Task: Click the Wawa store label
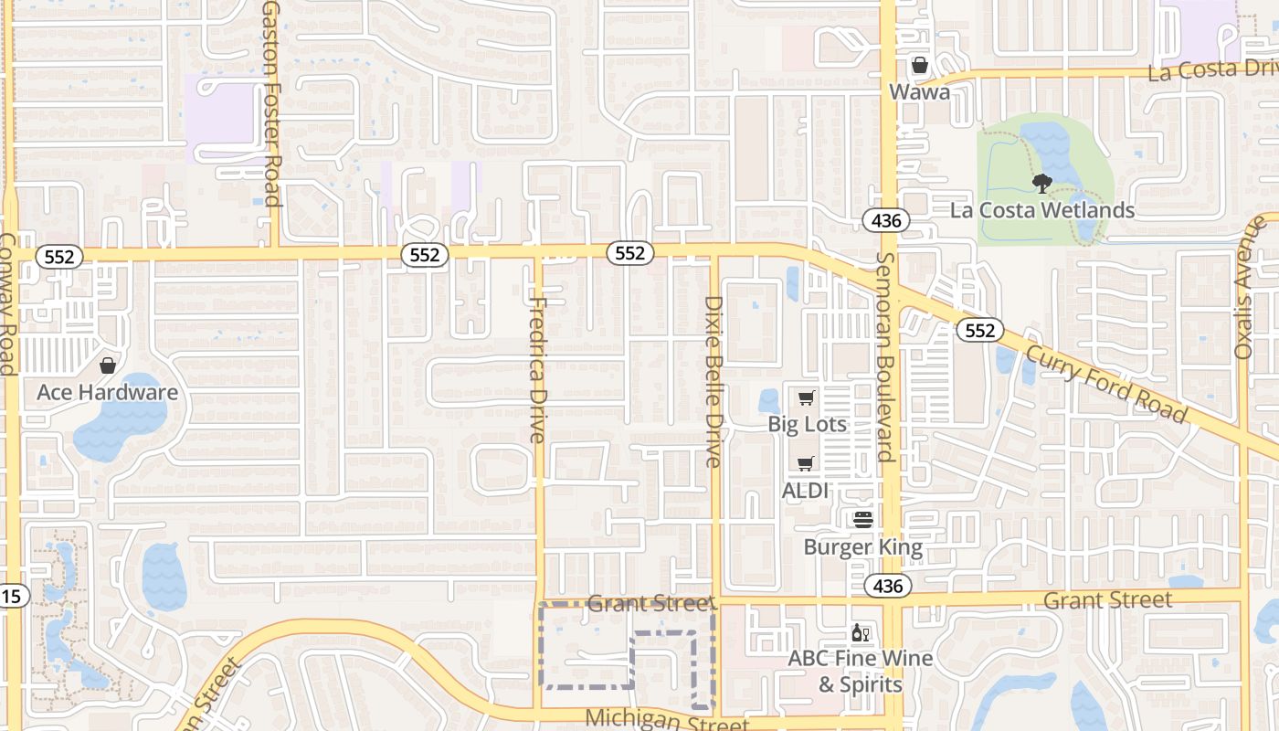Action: pyautogui.click(x=920, y=91)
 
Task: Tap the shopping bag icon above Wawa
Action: pyautogui.click(x=920, y=66)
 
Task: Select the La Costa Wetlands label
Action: pyautogui.click(x=1042, y=210)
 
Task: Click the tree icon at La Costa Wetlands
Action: pyautogui.click(x=1041, y=185)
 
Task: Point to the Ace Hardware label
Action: pyautogui.click(x=108, y=393)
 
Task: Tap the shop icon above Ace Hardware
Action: pyautogui.click(x=108, y=366)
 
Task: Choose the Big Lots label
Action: pyautogui.click(x=807, y=424)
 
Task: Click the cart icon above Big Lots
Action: pyautogui.click(x=806, y=398)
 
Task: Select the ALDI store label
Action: pyautogui.click(x=805, y=490)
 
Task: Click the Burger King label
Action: pyautogui.click(x=863, y=547)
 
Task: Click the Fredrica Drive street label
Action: pyautogui.click(x=538, y=370)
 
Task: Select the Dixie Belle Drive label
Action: pyautogui.click(x=714, y=381)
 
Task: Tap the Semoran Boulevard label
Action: pyautogui.click(x=884, y=356)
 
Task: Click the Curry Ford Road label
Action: pyautogui.click(x=1105, y=384)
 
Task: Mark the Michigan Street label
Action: pyautogui.click(x=666, y=719)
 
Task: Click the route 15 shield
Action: pyautogui.click(x=12, y=596)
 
